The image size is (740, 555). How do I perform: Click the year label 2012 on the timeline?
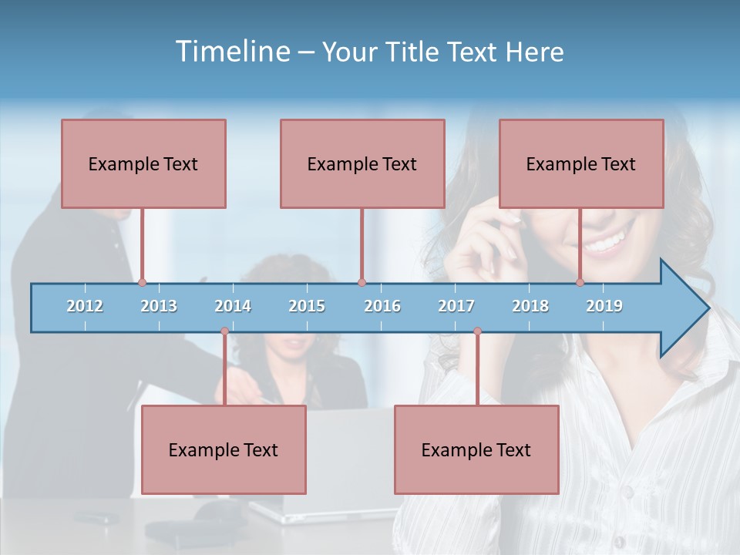pyautogui.click(x=85, y=306)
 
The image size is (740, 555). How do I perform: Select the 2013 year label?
pyautogui.click(x=159, y=306)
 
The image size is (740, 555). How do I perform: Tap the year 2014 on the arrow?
pyautogui.click(x=233, y=306)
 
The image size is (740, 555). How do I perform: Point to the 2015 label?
pyautogui.click(x=307, y=306)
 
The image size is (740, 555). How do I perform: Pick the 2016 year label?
pyautogui.click(x=382, y=306)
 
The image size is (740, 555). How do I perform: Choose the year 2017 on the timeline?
pyautogui.click(x=456, y=306)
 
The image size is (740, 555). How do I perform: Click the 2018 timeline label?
pyautogui.click(x=530, y=306)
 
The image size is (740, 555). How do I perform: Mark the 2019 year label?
pyautogui.click(x=604, y=306)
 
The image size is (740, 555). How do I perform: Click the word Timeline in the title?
pyautogui.click(x=230, y=52)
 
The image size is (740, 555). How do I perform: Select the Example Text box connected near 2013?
pyautogui.click(x=143, y=163)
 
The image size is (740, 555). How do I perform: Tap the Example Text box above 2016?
pyautogui.click(x=362, y=163)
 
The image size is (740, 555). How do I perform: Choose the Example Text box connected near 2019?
pyautogui.click(x=581, y=163)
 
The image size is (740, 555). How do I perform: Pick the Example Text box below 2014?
pyautogui.click(x=224, y=449)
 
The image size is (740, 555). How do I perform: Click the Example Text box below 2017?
pyautogui.click(x=476, y=449)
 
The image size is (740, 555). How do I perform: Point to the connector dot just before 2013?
pyautogui.click(x=142, y=283)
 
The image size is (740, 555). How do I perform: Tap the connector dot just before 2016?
pyautogui.click(x=362, y=283)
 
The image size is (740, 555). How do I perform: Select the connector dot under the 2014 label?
pyautogui.click(x=224, y=331)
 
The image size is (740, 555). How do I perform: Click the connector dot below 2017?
pyautogui.click(x=477, y=331)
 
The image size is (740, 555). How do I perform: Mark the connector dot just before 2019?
pyautogui.click(x=580, y=283)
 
